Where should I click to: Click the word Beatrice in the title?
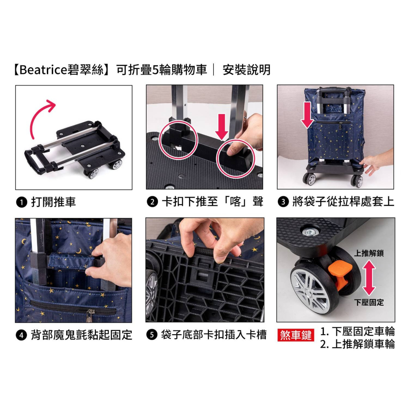point(44,70)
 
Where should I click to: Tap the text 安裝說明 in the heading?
point(247,70)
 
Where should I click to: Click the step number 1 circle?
point(22,202)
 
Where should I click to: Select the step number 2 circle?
point(153,202)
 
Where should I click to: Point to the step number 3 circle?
point(283,202)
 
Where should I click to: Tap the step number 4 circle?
point(21,335)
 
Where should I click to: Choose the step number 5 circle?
point(152,335)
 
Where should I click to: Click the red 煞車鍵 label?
point(296,335)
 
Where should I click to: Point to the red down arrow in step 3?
point(307,115)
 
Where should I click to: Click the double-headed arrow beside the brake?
point(369,277)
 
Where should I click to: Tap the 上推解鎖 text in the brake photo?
point(369,253)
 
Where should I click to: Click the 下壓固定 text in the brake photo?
point(369,302)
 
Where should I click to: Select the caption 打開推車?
point(53,202)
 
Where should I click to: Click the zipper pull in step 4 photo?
point(90,314)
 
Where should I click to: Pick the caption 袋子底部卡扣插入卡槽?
point(214,335)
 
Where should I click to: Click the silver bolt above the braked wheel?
point(310,231)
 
